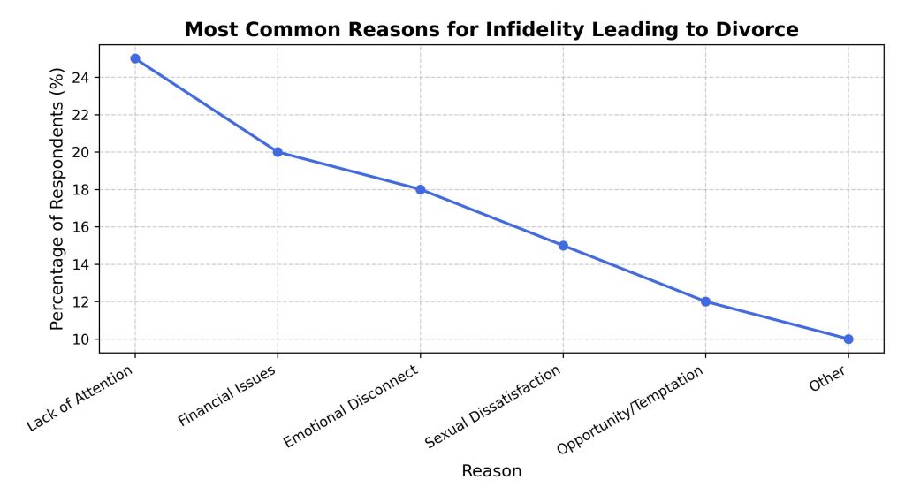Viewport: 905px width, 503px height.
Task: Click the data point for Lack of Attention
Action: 134,58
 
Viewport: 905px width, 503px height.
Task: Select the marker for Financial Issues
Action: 278,152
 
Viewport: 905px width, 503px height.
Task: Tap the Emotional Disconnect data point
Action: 421,189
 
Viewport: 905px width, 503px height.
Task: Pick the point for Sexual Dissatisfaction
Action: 563,246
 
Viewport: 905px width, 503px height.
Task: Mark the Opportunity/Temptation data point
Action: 705,301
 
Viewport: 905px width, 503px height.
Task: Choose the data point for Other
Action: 848,339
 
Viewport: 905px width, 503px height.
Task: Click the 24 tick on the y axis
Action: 81,78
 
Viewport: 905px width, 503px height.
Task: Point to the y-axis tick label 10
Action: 81,339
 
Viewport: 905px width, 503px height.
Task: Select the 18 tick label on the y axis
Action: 81,190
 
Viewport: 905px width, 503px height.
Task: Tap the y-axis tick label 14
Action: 81,264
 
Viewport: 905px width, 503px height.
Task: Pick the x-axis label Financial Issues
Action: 229,395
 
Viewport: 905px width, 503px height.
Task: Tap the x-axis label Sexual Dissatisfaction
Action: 493,406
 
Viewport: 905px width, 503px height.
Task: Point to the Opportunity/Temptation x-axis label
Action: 630,409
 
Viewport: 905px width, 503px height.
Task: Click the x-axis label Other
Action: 827,378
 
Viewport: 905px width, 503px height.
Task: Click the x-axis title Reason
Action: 491,471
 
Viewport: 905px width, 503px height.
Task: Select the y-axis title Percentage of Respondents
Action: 58,198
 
